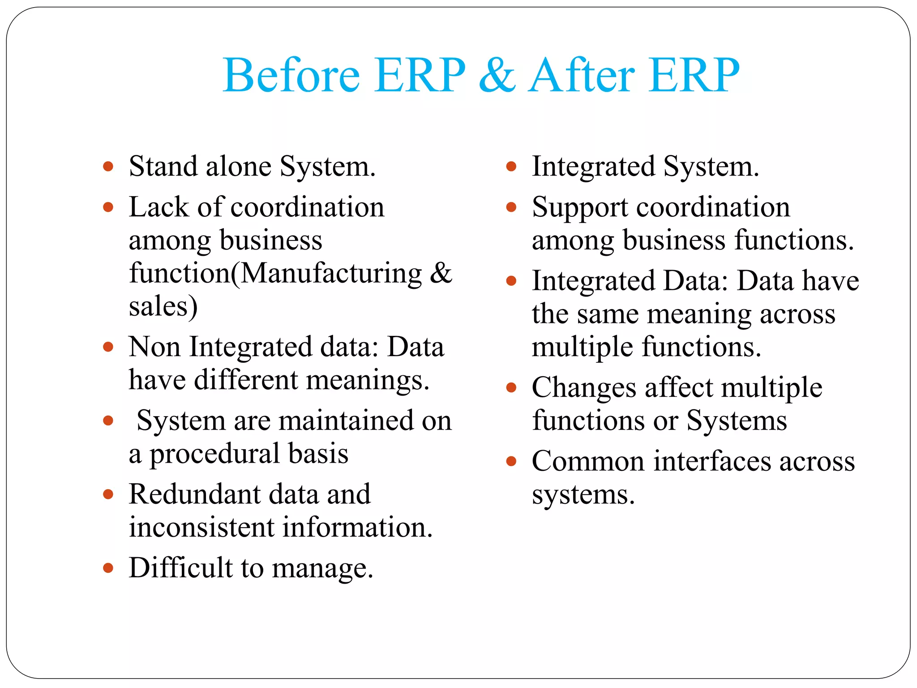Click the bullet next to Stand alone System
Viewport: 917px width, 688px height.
pyautogui.click(x=108, y=167)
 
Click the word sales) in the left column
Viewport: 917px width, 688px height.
pyautogui.click(x=163, y=306)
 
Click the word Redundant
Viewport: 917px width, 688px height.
pyautogui.click(x=194, y=494)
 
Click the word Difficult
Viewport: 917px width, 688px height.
pyautogui.click(x=180, y=568)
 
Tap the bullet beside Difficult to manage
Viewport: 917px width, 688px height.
pyautogui.click(x=108, y=568)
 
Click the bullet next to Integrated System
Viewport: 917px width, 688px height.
pyautogui.click(x=511, y=167)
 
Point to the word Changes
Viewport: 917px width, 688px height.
pyautogui.click(x=583, y=387)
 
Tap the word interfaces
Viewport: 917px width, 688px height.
pyautogui.click(x=712, y=461)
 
